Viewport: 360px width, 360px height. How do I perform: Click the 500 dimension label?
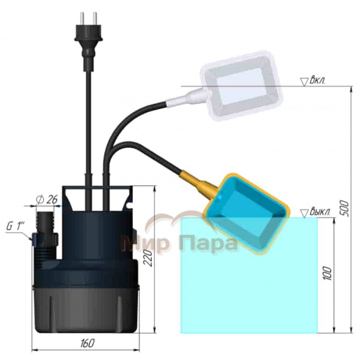click(345, 208)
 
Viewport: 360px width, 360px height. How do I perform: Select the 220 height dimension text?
click(149, 258)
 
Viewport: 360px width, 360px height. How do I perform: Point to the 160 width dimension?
click(87, 343)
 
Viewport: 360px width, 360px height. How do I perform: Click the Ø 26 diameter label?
click(46, 200)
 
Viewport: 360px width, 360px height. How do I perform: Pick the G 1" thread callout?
click(15, 227)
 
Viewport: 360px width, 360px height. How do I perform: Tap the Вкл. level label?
click(317, 81)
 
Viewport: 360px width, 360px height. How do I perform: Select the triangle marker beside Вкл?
click(304, 82)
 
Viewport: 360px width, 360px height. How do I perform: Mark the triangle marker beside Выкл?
click(304, 213)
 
